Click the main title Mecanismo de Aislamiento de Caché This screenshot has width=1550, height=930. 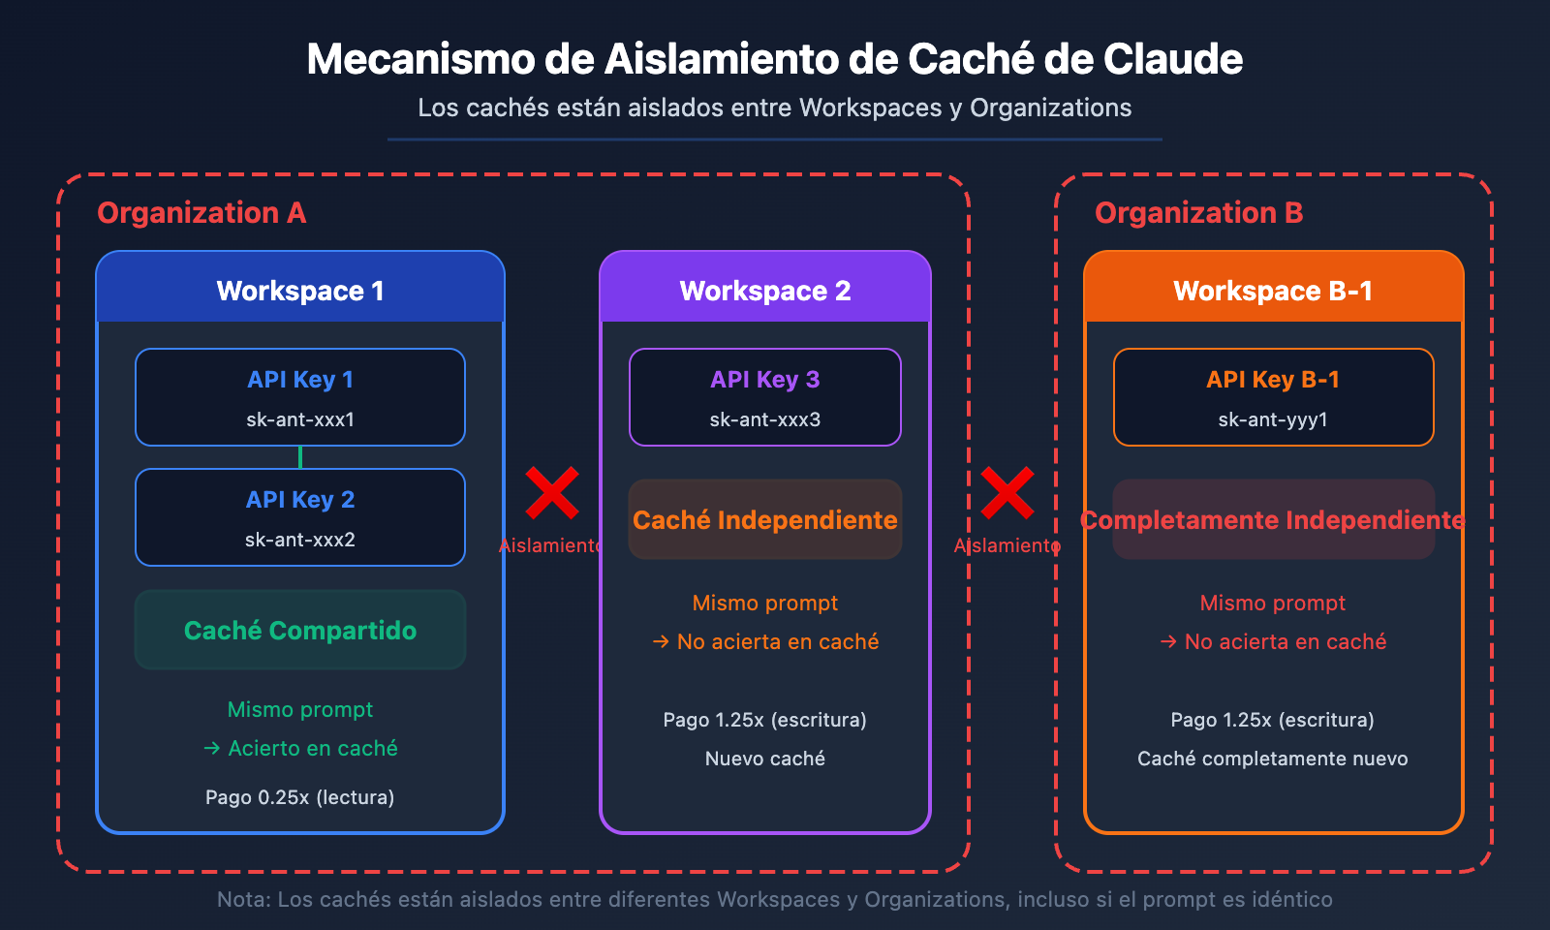774,59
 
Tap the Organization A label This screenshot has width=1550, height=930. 201,213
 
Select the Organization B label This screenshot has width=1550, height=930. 1198,213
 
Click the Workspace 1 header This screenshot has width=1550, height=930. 300,291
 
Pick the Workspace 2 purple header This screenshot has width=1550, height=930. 765,291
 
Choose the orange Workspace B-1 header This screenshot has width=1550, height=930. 1273,291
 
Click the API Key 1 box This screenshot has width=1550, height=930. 300,397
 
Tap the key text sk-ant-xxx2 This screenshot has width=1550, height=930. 300,540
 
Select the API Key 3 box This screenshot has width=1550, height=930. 765,397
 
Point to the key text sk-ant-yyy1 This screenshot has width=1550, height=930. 1273,419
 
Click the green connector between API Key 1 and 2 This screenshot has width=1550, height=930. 300,457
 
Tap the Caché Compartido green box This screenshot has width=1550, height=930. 300,631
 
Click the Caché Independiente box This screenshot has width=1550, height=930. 765,520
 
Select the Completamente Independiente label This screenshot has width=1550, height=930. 1273,520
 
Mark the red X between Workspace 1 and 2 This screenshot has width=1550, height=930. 552,493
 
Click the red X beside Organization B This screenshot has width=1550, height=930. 1007,493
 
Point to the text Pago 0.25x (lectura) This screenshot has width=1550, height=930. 300,797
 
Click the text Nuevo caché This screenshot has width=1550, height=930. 765,759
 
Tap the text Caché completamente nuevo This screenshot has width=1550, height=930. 1273,759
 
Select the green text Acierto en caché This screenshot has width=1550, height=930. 312,748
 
